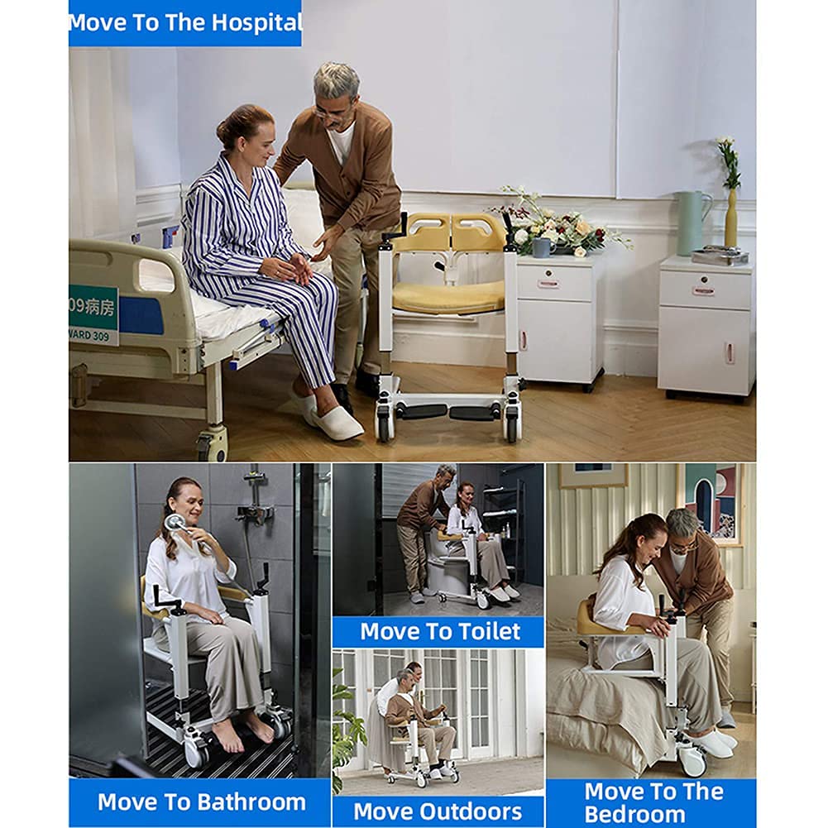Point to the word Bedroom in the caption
coord(635,814)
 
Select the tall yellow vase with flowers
coord(730,218)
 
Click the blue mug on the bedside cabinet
coord(543,247)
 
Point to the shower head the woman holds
coord(174,523)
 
